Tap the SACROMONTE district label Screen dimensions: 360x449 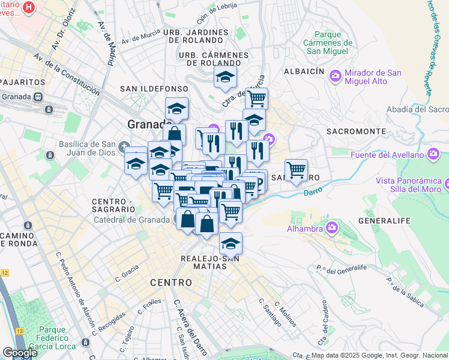click(355, 131)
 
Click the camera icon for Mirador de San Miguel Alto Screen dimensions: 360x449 click(335, 75)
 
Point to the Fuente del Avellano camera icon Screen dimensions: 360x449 click(434, 155)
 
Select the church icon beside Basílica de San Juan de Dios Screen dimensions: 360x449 click(124, 146)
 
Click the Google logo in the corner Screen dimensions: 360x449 click(19, 352)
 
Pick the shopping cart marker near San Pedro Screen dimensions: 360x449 click(296, 170)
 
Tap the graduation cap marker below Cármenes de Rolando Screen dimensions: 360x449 click(225, 77)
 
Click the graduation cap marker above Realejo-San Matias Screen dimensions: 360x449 click(230, 243)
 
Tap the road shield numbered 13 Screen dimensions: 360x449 click(19, 331)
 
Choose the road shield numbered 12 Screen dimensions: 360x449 click(5, 273)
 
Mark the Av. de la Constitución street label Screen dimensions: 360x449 click(67, 74)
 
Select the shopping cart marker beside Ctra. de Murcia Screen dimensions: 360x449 click(256, 98)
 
